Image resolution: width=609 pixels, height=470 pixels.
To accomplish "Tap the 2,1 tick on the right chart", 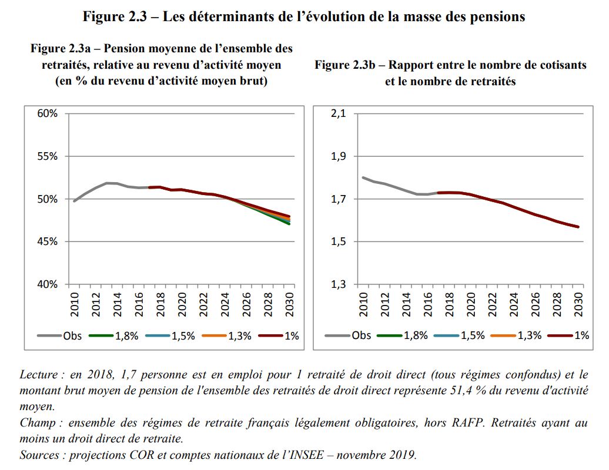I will (x=340, y=113).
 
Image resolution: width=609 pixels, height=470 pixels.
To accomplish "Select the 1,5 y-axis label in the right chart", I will (x=340, y=241).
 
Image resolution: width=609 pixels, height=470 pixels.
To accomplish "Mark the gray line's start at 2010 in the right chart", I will (x=363, y=177).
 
